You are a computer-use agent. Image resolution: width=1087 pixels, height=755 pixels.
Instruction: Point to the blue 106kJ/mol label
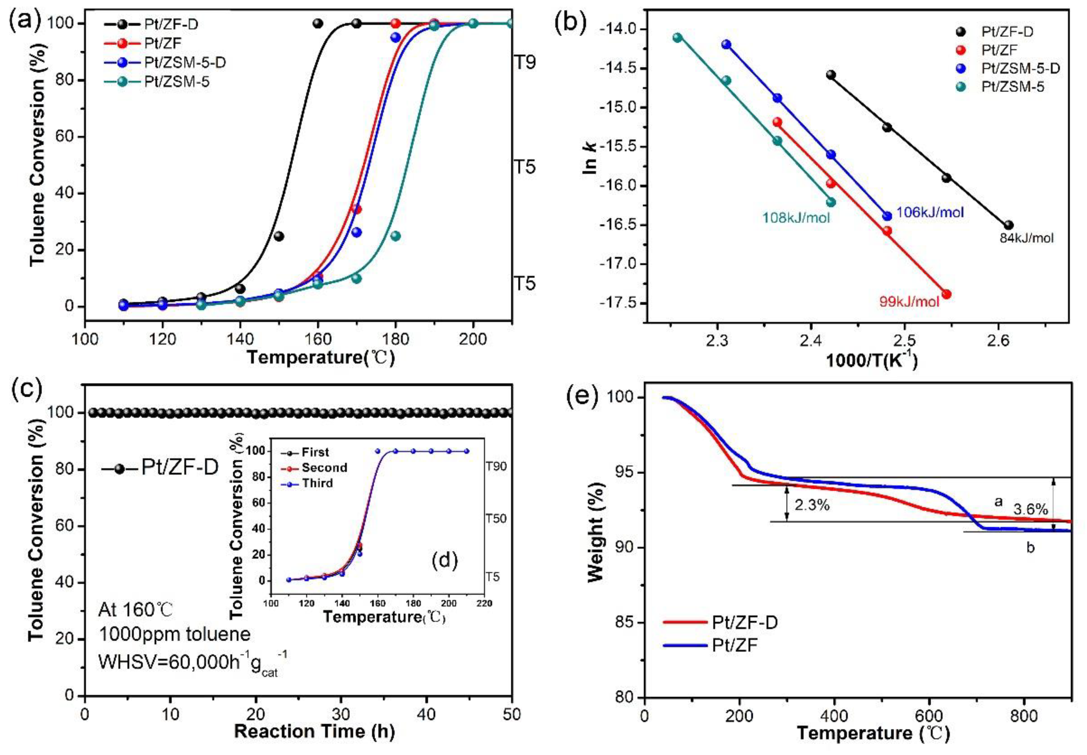929,212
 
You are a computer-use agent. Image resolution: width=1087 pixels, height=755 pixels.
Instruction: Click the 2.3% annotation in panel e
812,505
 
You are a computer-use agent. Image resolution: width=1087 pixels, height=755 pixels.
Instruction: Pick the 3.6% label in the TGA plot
1031,509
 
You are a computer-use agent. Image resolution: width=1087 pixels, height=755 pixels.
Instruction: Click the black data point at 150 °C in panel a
279,236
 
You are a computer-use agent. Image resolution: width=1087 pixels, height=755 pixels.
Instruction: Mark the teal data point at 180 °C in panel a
396,236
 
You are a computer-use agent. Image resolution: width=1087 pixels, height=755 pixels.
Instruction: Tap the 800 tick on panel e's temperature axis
1024,715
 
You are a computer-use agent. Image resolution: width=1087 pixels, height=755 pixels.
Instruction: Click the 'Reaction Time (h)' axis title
314,731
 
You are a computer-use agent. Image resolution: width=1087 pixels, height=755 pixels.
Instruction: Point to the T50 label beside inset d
496,518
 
